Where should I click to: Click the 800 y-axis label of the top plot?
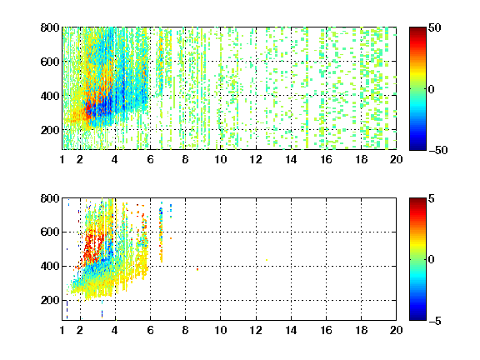50,27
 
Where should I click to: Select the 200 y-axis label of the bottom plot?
50,300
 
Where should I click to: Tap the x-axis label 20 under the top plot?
396,159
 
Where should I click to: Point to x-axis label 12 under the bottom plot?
256,330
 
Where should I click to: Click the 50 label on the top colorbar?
434,28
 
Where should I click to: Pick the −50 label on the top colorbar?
438,150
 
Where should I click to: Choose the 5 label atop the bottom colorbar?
432,198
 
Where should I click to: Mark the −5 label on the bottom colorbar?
435,321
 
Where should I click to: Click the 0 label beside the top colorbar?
432,89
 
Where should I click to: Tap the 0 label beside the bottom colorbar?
432,260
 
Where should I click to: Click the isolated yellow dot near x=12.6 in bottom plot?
267,260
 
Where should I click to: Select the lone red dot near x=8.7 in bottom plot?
197,269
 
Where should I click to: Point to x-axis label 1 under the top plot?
62,159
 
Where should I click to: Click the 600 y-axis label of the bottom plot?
50,232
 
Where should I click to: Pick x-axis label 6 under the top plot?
150,159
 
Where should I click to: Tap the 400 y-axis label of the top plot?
50,96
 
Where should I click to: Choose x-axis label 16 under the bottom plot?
326,330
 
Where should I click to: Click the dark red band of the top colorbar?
417,32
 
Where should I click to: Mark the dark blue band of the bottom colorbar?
417,315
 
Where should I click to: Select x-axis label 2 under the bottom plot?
80,330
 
